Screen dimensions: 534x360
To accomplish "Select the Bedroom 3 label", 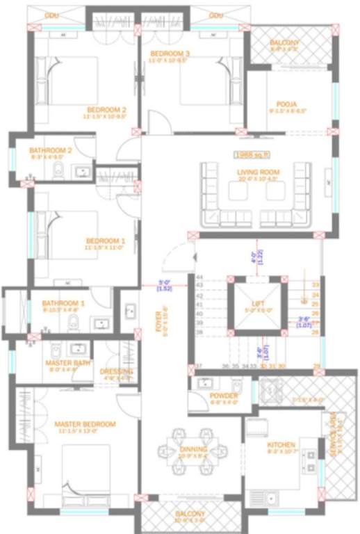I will pos(170,54).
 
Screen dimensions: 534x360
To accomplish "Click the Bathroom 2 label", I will pos(50,150).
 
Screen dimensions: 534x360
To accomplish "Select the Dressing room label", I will pos(116,371).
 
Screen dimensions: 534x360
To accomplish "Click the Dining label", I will pos(193,449).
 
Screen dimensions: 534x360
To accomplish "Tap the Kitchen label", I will pos(281,445).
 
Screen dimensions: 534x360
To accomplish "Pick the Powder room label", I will pos(223,396).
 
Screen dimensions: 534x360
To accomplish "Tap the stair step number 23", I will pos(315,284).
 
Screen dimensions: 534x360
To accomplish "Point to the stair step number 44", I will pos(199,277).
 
